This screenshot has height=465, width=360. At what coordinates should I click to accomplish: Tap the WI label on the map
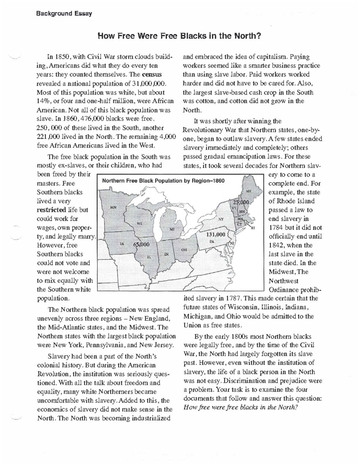point(139,223)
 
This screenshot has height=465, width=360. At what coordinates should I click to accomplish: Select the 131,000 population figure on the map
point(215,234)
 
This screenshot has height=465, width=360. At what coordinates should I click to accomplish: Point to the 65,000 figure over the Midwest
point(141,244)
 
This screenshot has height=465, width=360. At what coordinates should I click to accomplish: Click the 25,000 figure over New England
point(240,202)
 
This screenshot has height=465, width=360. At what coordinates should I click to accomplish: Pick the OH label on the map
point(184,249)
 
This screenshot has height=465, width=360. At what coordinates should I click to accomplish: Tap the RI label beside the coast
point(253,228)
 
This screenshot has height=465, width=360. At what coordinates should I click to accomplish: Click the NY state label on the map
point(221,219)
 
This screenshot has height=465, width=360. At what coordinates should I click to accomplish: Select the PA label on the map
point(212,241)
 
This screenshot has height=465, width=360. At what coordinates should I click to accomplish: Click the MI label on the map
point(172,229)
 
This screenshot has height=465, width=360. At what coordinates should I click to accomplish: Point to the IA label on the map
point(122,243)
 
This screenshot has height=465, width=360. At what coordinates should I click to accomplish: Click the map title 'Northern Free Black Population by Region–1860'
point(163,181)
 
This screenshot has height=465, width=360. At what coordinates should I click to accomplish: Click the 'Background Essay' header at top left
point(64,14)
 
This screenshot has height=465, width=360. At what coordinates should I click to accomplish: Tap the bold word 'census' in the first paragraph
point(152,74)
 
